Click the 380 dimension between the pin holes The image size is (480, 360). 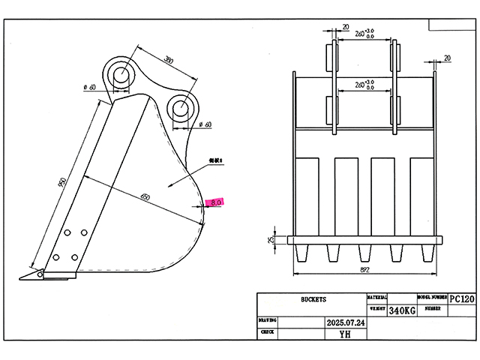[x=169, y=60]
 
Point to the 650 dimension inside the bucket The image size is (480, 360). [x=145, y=197]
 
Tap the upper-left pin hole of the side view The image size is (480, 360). [x=120, y=73]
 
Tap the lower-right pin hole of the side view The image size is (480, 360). [x=181, y=107]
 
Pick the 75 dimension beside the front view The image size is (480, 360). [x=271, y=240]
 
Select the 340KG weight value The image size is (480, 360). [x=402, y=309]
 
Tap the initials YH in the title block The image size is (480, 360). [x=344, y=334]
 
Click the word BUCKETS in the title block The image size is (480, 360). [x=312, y=299]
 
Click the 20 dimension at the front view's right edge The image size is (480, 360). [x=447, y=58]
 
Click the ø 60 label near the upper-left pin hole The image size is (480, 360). [x=93, y=88]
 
